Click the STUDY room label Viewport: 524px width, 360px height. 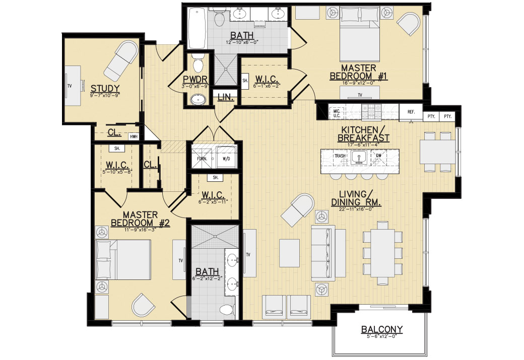click(x=105, y=89)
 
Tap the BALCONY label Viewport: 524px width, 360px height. click(x=381, y=329)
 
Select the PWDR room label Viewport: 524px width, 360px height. click(x=195, y=80)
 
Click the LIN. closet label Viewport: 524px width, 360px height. click(x=226, y=98)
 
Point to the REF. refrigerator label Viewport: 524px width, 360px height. click(x=411, y=112)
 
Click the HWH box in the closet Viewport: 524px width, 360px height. click(x=134, y=136)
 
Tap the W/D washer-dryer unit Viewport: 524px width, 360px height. click(x=226, y=159)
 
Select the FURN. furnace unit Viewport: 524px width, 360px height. click(x=202, y=159)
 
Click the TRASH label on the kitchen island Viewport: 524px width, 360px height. click(x=340, y=156)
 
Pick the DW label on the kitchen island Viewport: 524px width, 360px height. click(x=378, y=156)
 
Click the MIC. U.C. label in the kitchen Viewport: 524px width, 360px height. click(x=337, y=113)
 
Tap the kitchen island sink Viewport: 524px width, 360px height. click(x=359, y=157)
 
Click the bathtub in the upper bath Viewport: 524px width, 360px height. click(x=197, y=28)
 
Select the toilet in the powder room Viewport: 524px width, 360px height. click(x=198, y=63)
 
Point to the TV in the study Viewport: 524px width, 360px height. click(x=74, y=86)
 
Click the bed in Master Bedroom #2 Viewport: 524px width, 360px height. click(x=123, y=259)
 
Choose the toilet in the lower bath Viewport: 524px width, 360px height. click(x=227, y=310)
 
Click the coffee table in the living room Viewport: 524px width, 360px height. click(x=289, y=253)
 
